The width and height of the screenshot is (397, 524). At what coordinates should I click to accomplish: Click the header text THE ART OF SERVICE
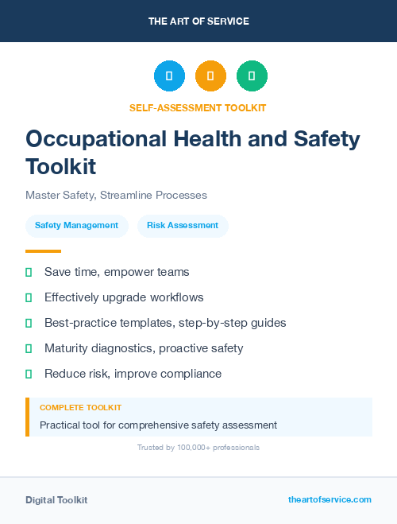[198, 21]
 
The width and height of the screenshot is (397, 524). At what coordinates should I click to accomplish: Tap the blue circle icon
[169, 76]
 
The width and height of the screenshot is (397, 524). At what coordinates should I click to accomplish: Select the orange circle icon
[210, 76]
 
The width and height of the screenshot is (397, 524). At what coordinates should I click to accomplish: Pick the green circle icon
[252, 76]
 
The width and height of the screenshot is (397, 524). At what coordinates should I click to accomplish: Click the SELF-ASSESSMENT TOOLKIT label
[198, 108]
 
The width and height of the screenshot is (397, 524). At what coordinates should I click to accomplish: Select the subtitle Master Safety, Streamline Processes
[116, 195]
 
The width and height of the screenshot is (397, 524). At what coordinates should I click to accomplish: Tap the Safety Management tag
[76, 226]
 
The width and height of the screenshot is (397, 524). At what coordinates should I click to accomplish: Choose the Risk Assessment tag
[183, 226]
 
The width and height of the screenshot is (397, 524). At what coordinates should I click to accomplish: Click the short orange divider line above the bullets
[43, 250]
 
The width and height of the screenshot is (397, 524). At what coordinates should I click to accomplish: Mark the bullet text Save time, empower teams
[117, 272]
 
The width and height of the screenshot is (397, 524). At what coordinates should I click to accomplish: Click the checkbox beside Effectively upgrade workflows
[29, 297]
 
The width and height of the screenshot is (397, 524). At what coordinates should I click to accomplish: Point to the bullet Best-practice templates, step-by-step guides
[165, 323]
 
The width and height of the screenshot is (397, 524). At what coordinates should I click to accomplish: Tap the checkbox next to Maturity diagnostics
[29, 348]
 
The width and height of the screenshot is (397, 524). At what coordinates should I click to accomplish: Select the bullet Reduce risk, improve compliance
[133, 374]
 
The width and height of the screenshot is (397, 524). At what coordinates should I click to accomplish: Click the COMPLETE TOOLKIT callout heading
[80, 408]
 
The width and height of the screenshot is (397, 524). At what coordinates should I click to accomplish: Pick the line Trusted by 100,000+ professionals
[198, 448]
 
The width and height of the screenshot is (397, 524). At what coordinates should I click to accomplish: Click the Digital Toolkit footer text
[56, 500]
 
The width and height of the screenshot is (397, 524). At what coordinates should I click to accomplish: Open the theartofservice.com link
[330, 499]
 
